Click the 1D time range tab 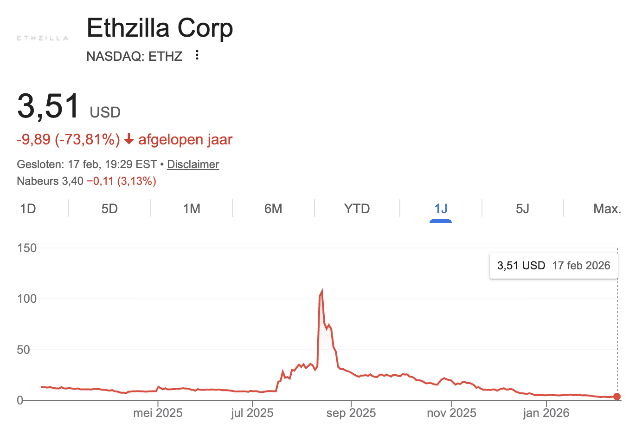[x=28, y=208]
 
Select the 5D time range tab [x=109, y=208]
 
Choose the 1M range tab [x=192, y=208]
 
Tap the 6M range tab [x=273, y=208]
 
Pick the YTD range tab [x=357, y=208]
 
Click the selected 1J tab [x=441, y=208]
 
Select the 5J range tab [x=522, y=208]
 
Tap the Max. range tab [x=607, y=208]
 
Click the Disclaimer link [x=193, y=164]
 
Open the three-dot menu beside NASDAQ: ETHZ [x=197, y=55]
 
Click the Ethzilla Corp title [x=160, y=28]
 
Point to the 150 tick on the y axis [x=26, y=248]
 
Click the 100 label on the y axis [x=26, y=299]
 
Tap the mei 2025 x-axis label [x=158, y=413]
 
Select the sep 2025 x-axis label [x=351, y=413]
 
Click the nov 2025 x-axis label [x=451, y=413]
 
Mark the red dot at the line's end [x=616, y=397]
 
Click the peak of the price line [x=321, y=292]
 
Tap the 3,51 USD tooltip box [x=553, y=266]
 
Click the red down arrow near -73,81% [x=129, y=139]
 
